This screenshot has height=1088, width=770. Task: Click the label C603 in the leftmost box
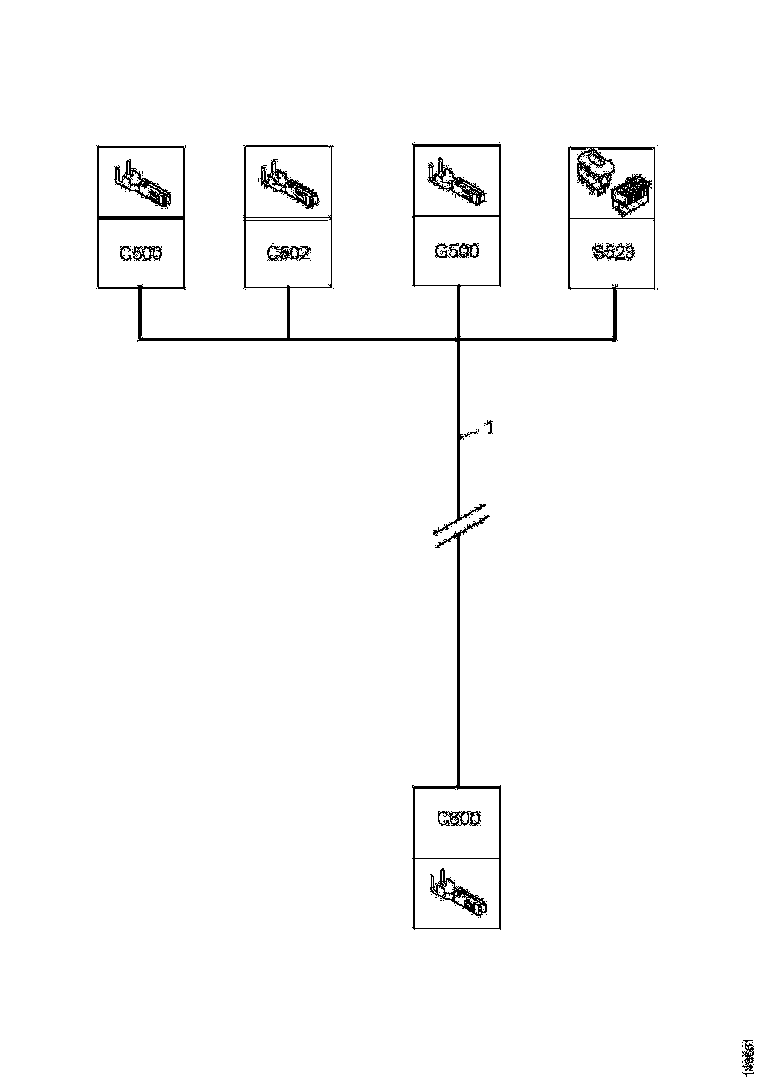pos(141,253)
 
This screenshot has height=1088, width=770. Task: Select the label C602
pos(288,253)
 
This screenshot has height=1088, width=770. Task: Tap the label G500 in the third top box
pos(457,252)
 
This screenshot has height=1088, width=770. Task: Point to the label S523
pos(614,253)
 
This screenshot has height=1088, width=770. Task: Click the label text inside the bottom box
pos(457,819)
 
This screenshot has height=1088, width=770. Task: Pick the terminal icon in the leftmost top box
pos(143,185)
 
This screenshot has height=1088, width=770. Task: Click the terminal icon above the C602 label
pos(288,185)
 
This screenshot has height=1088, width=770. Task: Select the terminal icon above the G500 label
pos(456,183)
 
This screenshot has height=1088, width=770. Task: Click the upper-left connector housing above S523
pos(595,169)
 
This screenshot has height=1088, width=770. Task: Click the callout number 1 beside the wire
pos(488,429)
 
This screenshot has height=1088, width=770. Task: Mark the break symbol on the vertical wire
pos(460,525)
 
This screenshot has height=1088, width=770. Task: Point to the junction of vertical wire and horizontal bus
pos(459,340)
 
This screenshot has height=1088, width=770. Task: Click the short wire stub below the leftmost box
pos(139,314)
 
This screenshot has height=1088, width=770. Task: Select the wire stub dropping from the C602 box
pos(288,314)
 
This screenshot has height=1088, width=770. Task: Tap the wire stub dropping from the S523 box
pos(615,314)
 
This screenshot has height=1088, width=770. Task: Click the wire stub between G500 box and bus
pos(459,314)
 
